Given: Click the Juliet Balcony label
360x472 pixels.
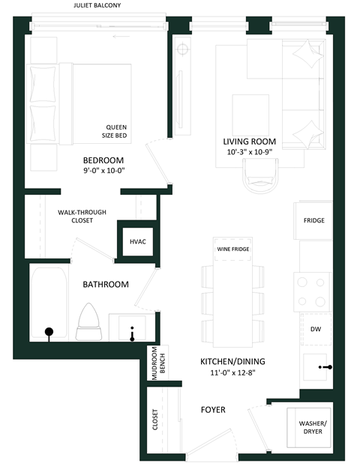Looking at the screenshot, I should [x=97, y=5].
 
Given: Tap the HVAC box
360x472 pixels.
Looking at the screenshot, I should [x=138, y=242].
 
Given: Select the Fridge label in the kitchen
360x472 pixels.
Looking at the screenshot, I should [x=313, y=221].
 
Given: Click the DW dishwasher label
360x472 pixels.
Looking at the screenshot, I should [x=316, y=328].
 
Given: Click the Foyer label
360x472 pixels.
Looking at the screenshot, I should [x=213, y=410].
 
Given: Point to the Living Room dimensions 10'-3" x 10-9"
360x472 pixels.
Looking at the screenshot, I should [x=249, y=151].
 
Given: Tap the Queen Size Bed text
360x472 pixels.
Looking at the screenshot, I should [x=116, y=131].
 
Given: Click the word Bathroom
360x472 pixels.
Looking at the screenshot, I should [x=106, y=285].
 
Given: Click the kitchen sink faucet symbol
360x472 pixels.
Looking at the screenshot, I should [x=325, y=366].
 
